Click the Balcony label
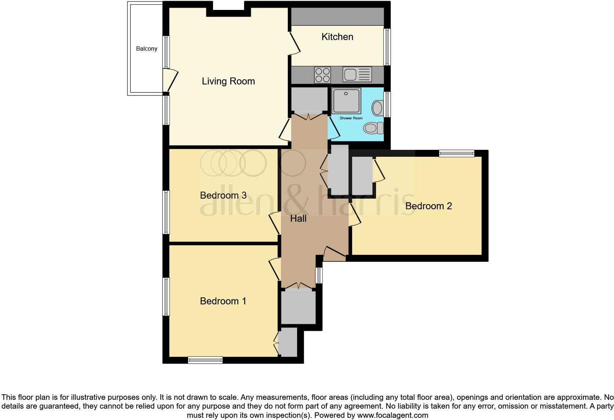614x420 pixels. pyautogui.click(x=147, y=48)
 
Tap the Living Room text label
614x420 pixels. pyautogui.click(x=228, y=81)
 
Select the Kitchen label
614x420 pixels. pyautogui.click(x=337, y=37)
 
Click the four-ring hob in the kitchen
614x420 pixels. pyautogui.click(x=322, y=75)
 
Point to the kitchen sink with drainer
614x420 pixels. pyautogui.click(x=357, y=75)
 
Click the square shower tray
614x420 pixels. pyautogui.click(x=346, y=101)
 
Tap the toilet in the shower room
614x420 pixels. pyautogui.click(x=373, y=128)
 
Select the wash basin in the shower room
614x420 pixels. pyautogui.click(x=377, y=108)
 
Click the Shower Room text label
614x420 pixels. pyautogui.click(x=351, y=118)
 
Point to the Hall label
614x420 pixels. pyautogui.click(x=298, y=219)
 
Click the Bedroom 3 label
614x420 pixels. pyautogui.click(x=223, y=195)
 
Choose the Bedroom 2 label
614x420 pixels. pyautogui.click(x=428, y=206)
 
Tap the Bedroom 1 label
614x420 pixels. pyautogui.click(x=223, y=301)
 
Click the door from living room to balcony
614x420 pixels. pyautogui.click(x=170, y=81)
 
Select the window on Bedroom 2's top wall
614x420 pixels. pyautogui.click(x=456, y=153)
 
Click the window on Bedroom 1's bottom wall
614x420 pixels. pyautogui.click(x=205, y=360)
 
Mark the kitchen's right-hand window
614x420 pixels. pyautogui.click(x=387, y=47)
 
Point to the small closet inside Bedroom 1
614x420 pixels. pyautogui.click(x=288, y=342)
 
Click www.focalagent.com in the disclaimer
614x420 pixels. pyautogui.click(x=393, y=416)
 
